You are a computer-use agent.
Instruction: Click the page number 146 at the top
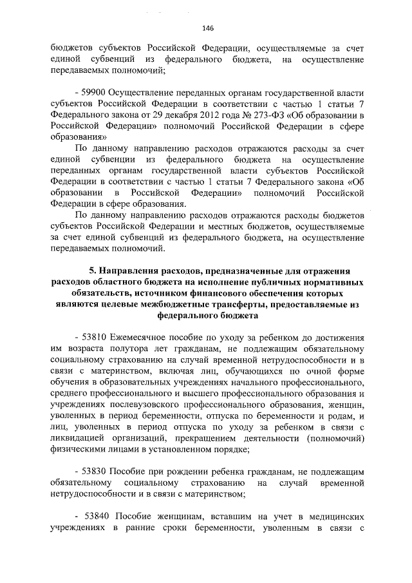[x=207, y=28]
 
